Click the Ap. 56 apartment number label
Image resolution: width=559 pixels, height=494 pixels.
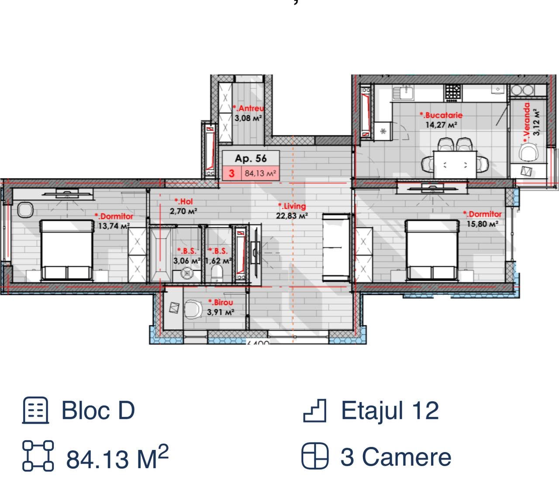tap(251, 159)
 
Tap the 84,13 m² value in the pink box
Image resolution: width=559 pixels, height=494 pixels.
tap(260, 173)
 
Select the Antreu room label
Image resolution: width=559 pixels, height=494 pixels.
tap(248, 108)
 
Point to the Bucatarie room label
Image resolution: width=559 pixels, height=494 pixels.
tap(441, 115)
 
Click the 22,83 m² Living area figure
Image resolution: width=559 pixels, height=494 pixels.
tap(292, 215)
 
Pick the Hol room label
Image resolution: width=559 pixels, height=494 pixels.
tap(184, 201)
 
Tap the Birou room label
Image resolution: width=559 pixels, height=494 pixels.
tap(221, 302)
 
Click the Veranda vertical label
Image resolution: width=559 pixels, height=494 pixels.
tap(527, 123)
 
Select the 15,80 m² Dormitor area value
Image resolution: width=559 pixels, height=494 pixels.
tap(483, 224)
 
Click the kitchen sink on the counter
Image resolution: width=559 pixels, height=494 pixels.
tap(403, 93)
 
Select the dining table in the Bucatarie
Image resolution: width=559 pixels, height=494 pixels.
tap(455, 165)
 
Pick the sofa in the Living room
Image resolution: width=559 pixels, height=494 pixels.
tap(336, 247)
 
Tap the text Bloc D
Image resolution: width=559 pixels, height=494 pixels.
tap(98, 411)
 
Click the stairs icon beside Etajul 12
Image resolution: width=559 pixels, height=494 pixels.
tap(314, 411)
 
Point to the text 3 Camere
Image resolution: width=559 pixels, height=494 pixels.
tap(396, 457)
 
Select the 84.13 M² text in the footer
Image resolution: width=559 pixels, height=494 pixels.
tap(117, 457)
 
